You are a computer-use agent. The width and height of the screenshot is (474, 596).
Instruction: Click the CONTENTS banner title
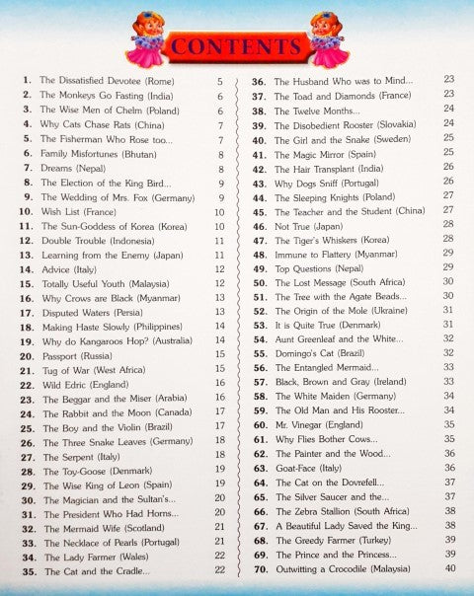point(236,46)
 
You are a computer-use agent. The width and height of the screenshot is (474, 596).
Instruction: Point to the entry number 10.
point(26,212)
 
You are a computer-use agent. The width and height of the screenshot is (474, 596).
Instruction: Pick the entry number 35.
point(26,570)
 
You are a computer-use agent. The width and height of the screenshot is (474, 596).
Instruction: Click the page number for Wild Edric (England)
point(219,383)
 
